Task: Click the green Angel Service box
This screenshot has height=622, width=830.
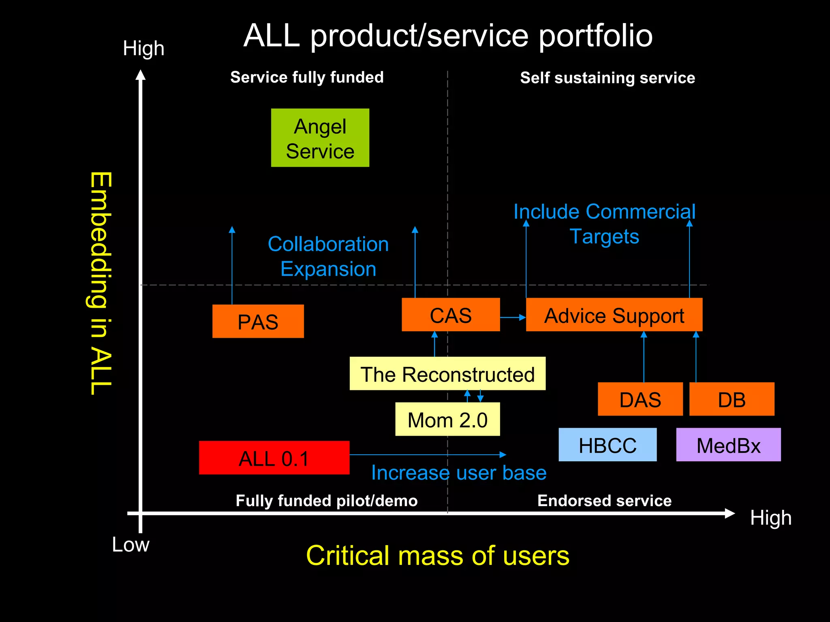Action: coord(320,138)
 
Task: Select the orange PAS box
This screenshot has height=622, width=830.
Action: coord(258,321)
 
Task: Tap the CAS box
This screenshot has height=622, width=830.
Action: coord(450,315)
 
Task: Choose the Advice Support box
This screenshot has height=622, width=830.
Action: coord(614,315)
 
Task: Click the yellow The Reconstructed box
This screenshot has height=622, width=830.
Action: coord(447,373)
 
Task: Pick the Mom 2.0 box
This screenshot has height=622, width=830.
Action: coord(447,419)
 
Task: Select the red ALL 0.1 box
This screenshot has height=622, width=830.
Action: coord(274,458)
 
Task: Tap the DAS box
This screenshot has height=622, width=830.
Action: coord(640,399)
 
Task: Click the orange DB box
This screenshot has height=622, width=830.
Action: coord(732,399)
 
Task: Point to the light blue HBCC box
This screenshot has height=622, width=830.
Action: coord(607,445)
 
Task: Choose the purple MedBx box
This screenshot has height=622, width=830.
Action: coord(728,445)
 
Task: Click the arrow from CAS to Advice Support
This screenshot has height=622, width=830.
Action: coord(513,317)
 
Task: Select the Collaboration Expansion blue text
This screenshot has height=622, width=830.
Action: coord(328,256)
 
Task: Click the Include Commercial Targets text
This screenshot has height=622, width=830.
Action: coord(604,224)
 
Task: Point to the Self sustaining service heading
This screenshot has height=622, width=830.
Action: coord(607,78)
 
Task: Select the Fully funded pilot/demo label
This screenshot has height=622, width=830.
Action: coord(327,501)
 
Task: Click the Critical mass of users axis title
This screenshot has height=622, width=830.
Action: coord(438,556)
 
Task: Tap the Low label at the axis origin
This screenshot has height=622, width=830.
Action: coord(130,545)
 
